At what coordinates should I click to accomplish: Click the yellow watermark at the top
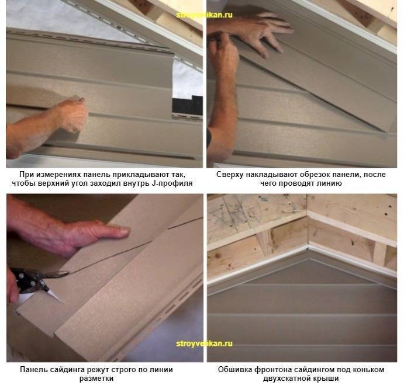click(x=204, y=15)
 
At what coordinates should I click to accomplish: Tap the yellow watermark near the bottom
click(x=204, y=343)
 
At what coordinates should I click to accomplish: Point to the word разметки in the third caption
click(x=96, y=378)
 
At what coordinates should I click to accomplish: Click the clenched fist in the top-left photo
click(x=72, y=114)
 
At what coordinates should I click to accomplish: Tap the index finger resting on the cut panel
click(x=113, y=231)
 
